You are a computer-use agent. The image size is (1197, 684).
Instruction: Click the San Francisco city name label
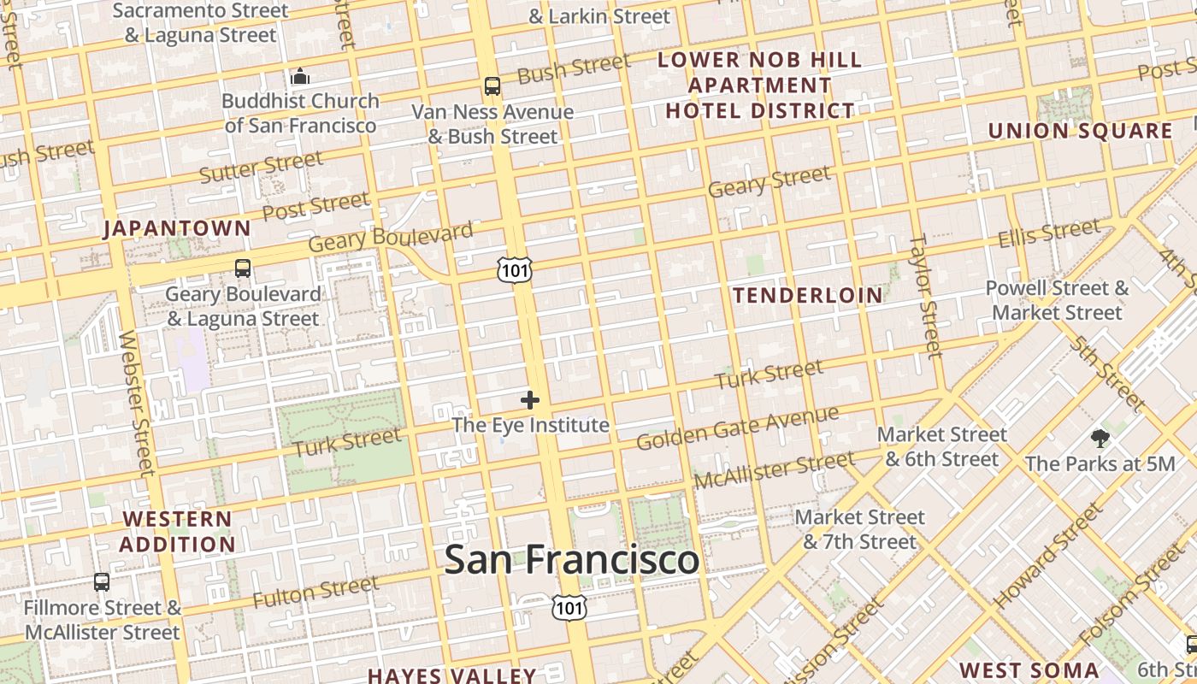coord(571,560)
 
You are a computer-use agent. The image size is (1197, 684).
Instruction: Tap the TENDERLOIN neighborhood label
coord(808,296)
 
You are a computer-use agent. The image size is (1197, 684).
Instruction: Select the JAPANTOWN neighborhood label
coord(177,228)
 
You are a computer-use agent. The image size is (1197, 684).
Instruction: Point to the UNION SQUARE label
coord(1081,131)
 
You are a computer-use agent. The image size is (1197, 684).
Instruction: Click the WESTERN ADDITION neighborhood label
coord(177,532)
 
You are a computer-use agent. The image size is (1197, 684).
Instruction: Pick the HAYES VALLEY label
coord(451,675)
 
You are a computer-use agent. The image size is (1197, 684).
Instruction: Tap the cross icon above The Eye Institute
coord(530,399)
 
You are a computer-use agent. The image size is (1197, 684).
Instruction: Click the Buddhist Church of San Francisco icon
coord(299,77)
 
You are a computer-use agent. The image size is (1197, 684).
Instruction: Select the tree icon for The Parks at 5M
coord(1100,439)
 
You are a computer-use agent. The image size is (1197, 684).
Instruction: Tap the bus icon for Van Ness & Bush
coord(492,85)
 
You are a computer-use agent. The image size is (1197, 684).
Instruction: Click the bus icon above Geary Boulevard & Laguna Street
coord(243,268)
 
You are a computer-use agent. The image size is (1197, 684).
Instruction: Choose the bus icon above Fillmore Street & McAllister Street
coord(102,582)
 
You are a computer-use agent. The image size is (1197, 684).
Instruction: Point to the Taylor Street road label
coord(924,296)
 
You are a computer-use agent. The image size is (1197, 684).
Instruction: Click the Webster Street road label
coord(138,402)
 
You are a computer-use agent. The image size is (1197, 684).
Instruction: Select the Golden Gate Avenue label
coord(737,428)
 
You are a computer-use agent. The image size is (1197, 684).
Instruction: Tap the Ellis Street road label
coord(1049,233)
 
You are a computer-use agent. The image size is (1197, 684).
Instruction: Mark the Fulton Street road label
coord(315,592)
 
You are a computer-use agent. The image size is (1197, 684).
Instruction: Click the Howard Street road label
coord(1047,556)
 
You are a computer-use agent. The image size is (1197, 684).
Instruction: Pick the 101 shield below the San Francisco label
coord(569,608)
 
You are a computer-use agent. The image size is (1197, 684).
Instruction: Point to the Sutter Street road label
coord(262,167)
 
